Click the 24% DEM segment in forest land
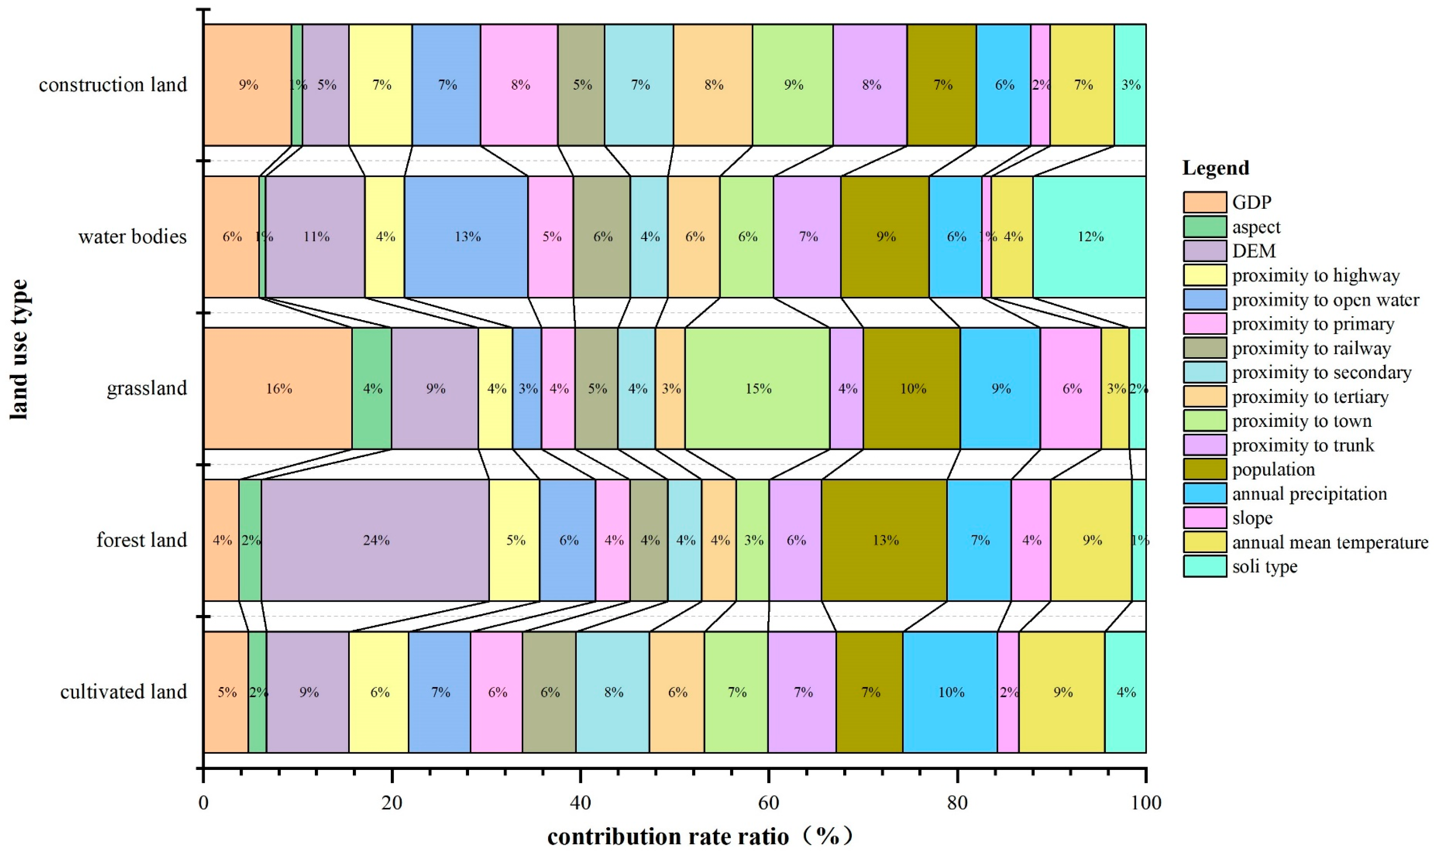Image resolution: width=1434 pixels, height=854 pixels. coord(375,540)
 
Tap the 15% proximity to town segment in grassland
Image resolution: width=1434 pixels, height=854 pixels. coord(757,388)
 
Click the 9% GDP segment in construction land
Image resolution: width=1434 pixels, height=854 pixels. coord(248,85)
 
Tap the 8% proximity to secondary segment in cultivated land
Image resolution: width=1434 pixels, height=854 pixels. coord(613,692)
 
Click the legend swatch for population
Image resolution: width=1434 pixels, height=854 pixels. coord(1205,469)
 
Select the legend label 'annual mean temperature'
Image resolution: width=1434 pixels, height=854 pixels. coord(1330,542)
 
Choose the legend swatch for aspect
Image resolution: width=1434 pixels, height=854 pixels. coord(1205,227)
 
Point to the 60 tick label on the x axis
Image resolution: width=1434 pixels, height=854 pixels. coord(768,802)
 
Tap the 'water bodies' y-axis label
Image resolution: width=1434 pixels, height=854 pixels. coord(132,236)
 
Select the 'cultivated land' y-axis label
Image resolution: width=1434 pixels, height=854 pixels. coord(123,692)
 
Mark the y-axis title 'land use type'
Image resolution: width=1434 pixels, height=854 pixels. coord(18,349)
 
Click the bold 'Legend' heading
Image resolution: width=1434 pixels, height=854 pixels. coord(1216,168)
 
